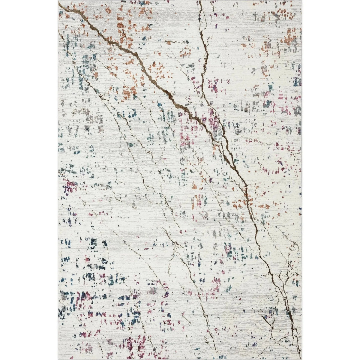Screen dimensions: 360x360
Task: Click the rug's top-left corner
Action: coord(58,1)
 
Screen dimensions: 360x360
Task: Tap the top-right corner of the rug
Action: coord(301,1)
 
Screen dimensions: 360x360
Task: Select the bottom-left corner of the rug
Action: coord(58,359)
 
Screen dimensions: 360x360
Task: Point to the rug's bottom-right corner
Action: coord(301,359)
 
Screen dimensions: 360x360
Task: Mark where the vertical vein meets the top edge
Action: coord(199,1)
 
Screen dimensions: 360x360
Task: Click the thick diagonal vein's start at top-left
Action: coord(60,5)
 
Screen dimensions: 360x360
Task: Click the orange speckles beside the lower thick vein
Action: coord(240,204)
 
